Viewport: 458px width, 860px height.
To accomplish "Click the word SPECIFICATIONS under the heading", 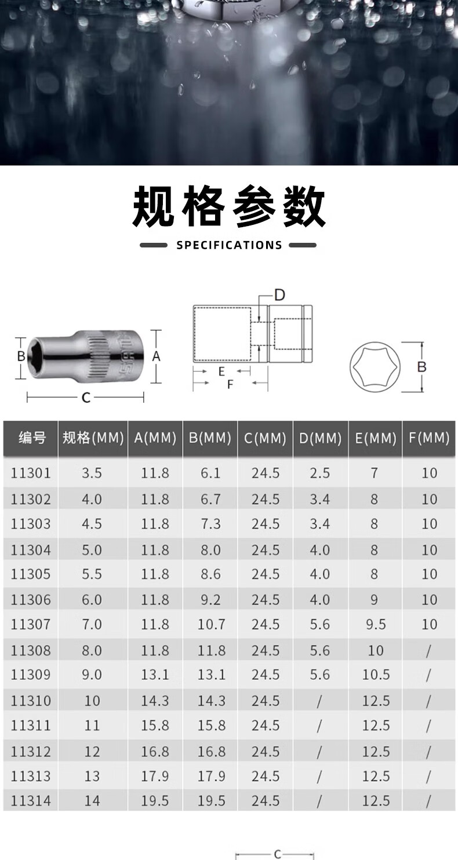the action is pyautogui.click(x=229, y=245).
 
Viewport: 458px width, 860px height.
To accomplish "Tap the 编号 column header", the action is pyautogui.click(x=32, y=438).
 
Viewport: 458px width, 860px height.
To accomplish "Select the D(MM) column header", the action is pyautogui.click(x=321, y=438).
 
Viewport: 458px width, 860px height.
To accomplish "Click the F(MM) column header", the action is pyautogui.click(x=429, y=438).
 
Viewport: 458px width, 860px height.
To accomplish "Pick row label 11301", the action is pyautogui.click(x=31, y=473).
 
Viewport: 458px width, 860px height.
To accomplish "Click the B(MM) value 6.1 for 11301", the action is pyautogui.click(x=210, y=473).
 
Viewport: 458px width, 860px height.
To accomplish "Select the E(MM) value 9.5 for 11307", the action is pyautogui.click(x=376, y=624).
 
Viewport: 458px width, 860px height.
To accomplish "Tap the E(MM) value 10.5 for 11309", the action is pyautogui.click(x=376, y=675).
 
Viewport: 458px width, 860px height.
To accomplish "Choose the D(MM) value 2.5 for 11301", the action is pyautogui.click(x=320, y=473).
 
